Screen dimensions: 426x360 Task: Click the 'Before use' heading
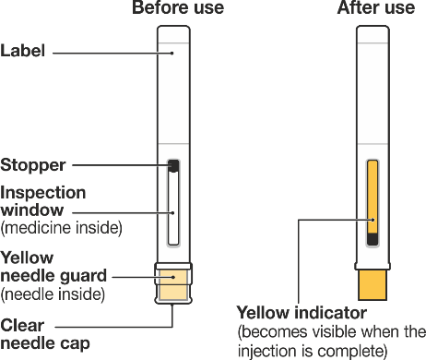tap(178, 7)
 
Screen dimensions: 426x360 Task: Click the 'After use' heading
tap(376, 7)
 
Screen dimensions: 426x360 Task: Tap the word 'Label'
tap(23, 51)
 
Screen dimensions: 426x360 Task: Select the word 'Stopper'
tap(33, 165)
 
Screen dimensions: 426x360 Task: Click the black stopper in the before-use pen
tap(173, 165)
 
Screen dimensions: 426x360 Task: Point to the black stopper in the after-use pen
tap(373, 239)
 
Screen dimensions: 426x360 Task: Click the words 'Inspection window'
tap(43, 201)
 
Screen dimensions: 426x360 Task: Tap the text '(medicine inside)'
tap(61, 228)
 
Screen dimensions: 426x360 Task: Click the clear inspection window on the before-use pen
tap(173, 208)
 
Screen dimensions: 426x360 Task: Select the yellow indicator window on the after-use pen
tap(373, 197)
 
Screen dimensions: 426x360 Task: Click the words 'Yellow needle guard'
tap(53, 267)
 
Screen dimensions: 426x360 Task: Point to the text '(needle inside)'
tap(53, 294)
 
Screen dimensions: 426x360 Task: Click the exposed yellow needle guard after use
tap(373, 284)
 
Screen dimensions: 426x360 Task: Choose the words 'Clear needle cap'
tap(45, 335)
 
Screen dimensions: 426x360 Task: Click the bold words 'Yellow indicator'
tap(302, 313)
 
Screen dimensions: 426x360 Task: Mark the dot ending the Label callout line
tap(172, 54)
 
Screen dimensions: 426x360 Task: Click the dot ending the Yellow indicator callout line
tap(373, 220)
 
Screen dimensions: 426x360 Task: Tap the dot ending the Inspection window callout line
tap(173, 212)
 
